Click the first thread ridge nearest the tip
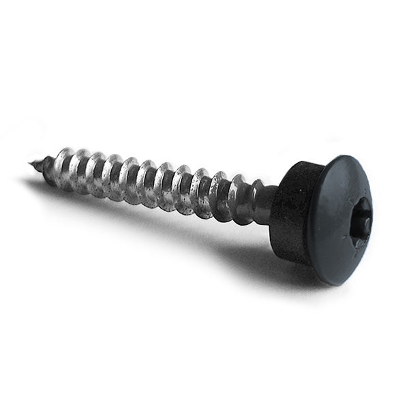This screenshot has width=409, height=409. click(x=46, y=166)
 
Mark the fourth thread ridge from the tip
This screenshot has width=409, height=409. click(x=96, y=174)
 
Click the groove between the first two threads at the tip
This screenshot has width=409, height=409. click(x=55, y=168)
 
